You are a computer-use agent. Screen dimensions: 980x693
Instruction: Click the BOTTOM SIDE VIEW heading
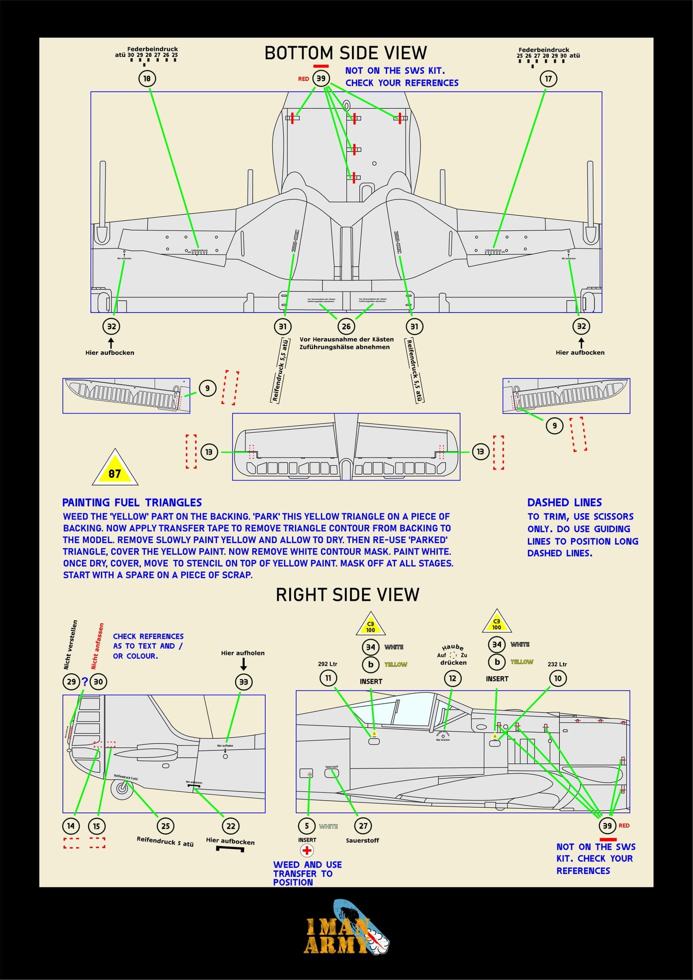345,53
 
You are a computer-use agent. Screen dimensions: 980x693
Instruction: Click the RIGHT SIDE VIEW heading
347,595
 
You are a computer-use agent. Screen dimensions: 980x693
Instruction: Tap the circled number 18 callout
147,78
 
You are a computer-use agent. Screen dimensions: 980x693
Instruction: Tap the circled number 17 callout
548,78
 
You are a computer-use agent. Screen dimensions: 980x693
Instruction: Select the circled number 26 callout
346,327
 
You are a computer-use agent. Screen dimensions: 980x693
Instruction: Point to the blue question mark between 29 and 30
85,681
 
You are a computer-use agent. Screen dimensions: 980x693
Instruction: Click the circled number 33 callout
244,682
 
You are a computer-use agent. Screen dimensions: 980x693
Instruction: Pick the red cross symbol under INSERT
307,850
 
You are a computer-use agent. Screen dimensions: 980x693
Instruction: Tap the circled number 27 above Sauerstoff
363,826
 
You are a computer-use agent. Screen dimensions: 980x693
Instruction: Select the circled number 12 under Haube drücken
452,678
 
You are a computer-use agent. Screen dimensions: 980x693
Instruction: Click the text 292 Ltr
328,664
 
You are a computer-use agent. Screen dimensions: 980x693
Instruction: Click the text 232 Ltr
557,664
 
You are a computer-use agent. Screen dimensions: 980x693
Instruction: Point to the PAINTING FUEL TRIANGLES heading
132,502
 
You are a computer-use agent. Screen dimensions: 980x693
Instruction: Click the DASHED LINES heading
564,502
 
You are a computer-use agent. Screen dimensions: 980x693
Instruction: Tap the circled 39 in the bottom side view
321,78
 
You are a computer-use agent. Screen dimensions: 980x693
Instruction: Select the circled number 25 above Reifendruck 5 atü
165,826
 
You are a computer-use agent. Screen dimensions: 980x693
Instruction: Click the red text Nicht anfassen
97,646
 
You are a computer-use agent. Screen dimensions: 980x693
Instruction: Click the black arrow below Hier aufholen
243,664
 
